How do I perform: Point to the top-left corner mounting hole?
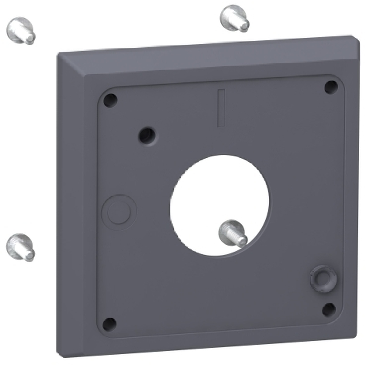pos(110,99)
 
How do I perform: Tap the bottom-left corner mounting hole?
pos(110,323)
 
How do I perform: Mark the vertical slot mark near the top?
pos(221,108)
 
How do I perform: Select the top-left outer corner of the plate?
pos(60,53)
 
